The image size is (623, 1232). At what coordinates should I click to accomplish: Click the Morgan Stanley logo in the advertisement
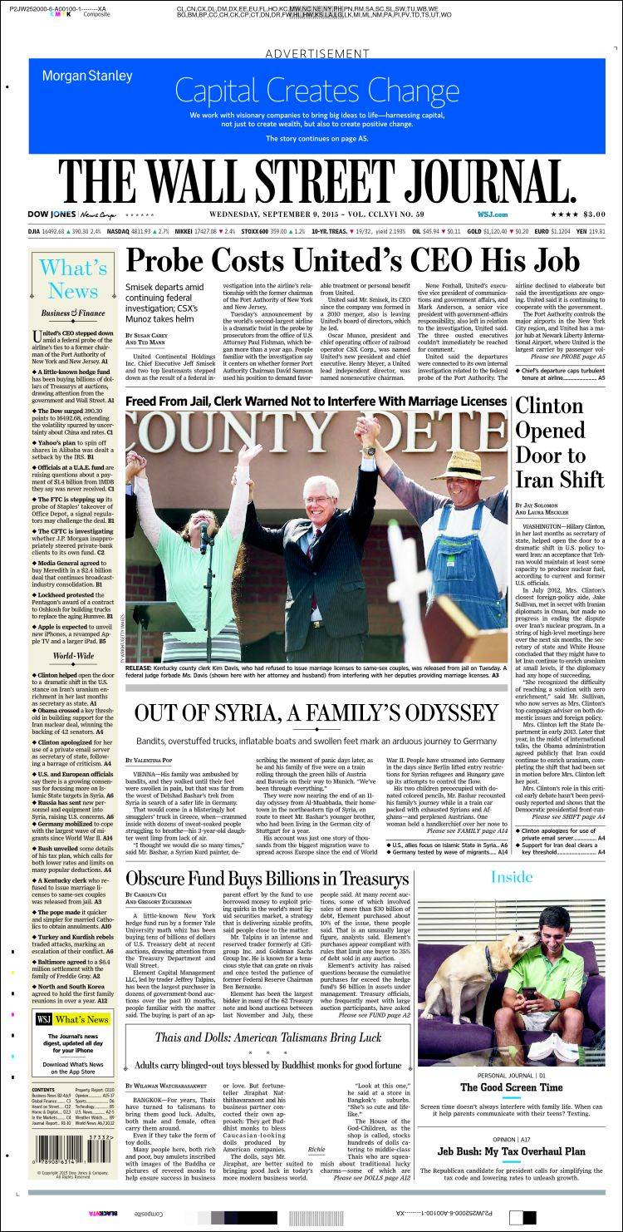87,76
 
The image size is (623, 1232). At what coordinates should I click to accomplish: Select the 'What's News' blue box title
72,279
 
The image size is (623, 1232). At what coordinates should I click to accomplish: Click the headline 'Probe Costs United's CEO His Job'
352,261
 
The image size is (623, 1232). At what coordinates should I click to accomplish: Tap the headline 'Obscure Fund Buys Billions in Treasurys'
267,879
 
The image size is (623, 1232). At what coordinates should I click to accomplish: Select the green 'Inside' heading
511,877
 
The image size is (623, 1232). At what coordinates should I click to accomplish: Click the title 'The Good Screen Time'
511,1087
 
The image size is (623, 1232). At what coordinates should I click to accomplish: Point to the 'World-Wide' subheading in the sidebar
72,655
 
